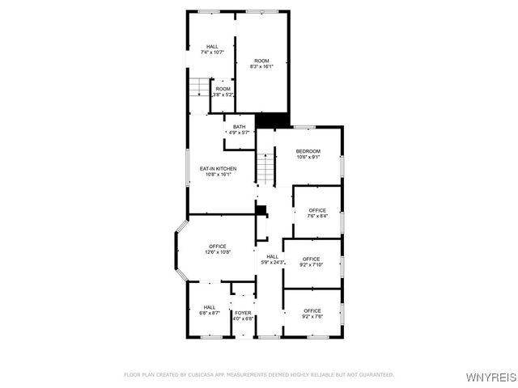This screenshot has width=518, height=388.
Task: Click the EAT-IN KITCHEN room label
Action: click(218, 168)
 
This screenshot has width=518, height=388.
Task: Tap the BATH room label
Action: click(240, 127)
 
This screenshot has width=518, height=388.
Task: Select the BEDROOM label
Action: click(308, 151)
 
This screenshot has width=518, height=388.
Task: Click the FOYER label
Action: click(243, 312)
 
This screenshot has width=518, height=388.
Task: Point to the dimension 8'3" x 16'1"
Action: click(261, 67)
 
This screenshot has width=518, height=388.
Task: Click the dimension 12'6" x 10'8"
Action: click(218, 252)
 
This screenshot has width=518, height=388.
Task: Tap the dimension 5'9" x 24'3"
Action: click(272, 262)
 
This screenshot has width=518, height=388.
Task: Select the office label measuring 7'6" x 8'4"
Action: click(316, 210)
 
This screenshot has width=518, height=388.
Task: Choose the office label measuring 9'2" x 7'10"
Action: click(312, 259)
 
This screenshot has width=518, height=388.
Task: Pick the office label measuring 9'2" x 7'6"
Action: click(312, 310)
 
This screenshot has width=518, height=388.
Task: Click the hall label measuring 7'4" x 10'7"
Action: click(212, 46)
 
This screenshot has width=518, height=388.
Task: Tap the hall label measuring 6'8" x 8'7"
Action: click(210, 307)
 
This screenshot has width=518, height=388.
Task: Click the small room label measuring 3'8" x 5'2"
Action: click(223, 89)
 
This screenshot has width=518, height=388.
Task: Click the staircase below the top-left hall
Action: click(199, 87)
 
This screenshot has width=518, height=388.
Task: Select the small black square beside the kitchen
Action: click(261, 209)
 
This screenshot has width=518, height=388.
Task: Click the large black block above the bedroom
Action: click(273, 120)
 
